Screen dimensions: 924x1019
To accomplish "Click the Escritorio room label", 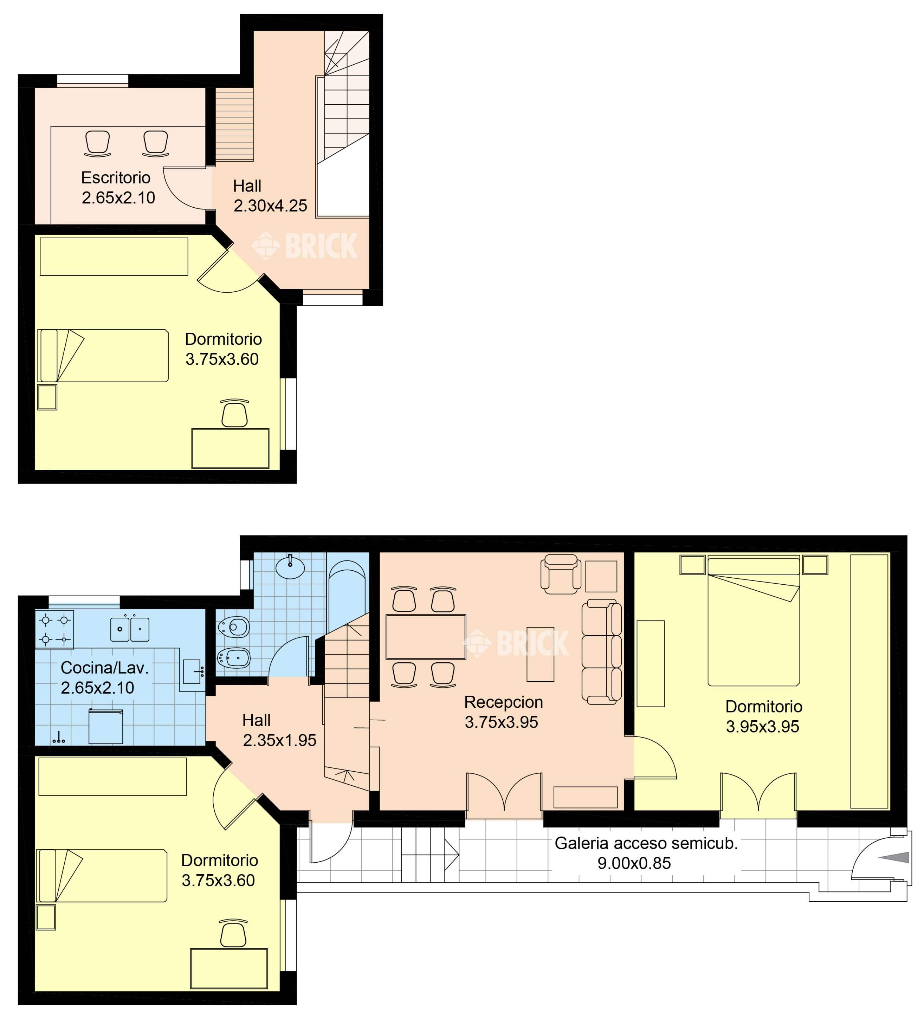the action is click(116, 178).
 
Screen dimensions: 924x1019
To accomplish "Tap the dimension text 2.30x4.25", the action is click(270, 206).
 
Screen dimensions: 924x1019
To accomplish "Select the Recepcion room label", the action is click(503, 702).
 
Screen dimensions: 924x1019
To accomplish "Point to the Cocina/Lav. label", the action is click(105, 668).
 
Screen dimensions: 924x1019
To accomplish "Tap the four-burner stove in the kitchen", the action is click(54, 629).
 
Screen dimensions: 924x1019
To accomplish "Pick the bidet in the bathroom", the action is click(234, 657).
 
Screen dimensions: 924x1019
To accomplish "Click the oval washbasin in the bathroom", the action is click(290, 567).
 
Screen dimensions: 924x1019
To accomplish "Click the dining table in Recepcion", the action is click(426, 636).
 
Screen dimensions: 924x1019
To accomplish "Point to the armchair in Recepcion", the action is click(561, 574).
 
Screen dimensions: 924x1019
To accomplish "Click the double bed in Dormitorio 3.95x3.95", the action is click(754, 620).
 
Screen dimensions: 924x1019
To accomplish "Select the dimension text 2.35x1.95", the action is click(279, 740).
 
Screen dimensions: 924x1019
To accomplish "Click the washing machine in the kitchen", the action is click(106, 726).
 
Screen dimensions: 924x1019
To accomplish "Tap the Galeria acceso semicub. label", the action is click(646, 843).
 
